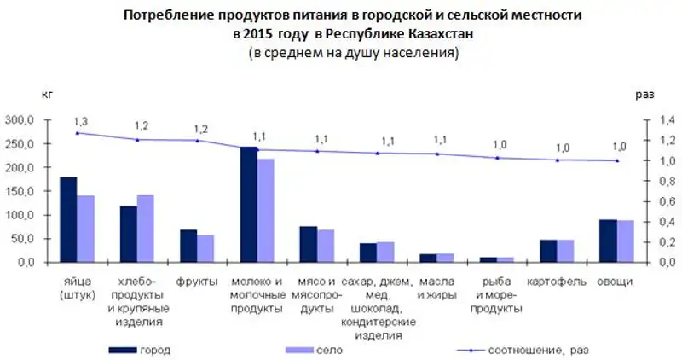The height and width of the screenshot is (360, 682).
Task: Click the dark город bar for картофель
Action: (x=548, y=251)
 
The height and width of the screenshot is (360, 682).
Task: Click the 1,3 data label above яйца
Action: (x=79, y=121)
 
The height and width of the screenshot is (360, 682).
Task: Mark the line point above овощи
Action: (x=616, y=160)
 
